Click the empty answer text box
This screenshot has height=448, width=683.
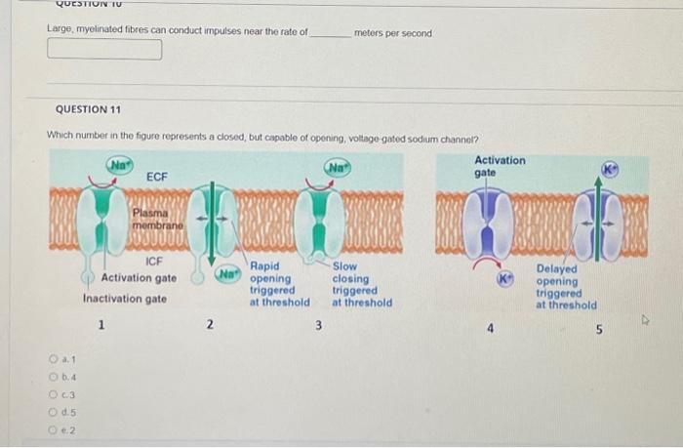coord(104,50)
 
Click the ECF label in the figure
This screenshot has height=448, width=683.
coord(156,177)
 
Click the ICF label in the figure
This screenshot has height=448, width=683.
coord(153,262)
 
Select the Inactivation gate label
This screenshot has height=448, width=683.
coord(124,299)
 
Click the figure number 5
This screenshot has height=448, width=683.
coord(600,329)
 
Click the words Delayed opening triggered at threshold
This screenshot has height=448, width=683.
coord(566,287)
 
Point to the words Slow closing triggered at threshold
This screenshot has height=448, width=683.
coord(362,284)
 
